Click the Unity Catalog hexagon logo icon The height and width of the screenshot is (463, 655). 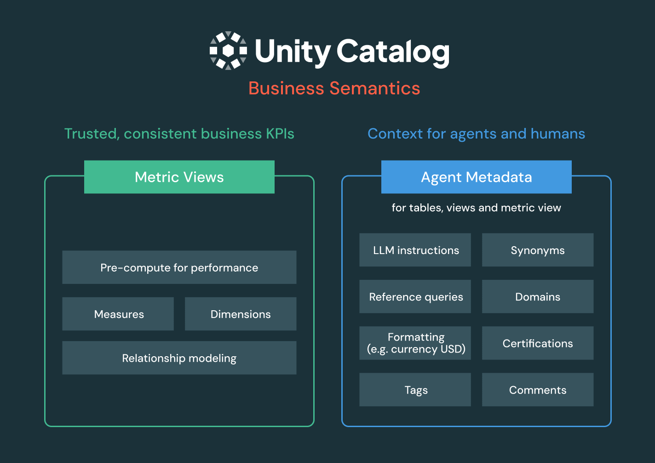pyautogui.click(x=228, y=51)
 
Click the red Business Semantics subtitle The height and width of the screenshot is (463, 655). pyautogui.click(x=334, y=88)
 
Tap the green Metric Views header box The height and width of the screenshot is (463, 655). pyautogui.click(x=179, y=177)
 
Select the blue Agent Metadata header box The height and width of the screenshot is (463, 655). pyautogui.click(x=477, y=177)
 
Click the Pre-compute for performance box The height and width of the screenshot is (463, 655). pyautogui.click(x=179, y=267)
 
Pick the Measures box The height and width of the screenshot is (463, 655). pyautogui.click(x=118, y=314)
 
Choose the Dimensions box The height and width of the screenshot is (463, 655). pyautogui.click(x=241, y=314)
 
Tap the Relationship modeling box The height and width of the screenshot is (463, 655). pyautogui.click(x=179, y=358)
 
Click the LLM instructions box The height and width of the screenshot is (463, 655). pyautogui.click(x=415, y=250)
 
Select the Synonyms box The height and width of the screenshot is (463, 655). pyautogui.click(x=538, y=250)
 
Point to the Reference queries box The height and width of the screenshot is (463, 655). pyautogui.click(x=415, y=296)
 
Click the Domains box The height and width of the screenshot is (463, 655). pyautogui.click(x=538, y=296)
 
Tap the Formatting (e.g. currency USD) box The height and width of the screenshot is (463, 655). pyautogui.click(x=415, y=343)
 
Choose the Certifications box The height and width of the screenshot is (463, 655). pyautogui.click(x=538, y=343)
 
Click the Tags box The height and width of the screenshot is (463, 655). pyautogui.click(x=415, y=390)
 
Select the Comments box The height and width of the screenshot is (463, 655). pyautogui.click(x=538, y=390)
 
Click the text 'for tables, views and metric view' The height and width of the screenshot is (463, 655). pyautogui.click(x=477, y=208)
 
